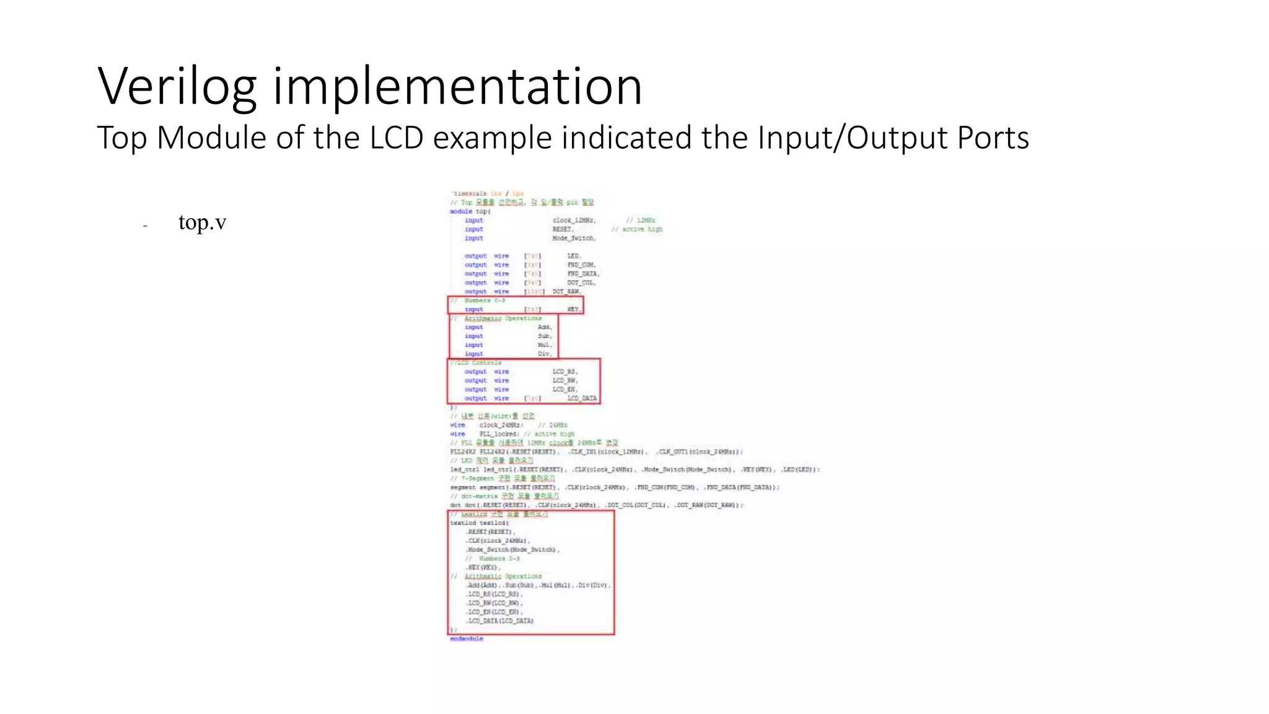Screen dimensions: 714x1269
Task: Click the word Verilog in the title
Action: [x=177, y=87]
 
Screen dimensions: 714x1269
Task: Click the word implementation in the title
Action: [x=457, y=87]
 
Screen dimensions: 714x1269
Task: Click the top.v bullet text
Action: [x=202, y=222]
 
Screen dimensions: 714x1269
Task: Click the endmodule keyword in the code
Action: [x=467, y=638]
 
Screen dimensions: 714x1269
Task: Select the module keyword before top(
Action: [x=460, y=211]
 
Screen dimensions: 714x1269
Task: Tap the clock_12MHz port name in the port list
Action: [x=574, y=220]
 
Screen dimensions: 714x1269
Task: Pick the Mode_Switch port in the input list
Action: [x=574, y=238]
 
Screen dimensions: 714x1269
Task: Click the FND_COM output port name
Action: [x=581, y=265]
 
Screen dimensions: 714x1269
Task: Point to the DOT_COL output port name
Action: [x=581, y=283]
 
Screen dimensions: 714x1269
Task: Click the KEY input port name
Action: [x=574, y=309]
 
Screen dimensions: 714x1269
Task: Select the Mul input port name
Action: [x=544, y=345]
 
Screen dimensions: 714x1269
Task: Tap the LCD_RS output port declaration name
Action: [x=565, y=372]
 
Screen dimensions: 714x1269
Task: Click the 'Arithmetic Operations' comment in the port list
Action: [x=503, y=318]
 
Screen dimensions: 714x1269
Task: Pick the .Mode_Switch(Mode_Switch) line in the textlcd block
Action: [x=512, y=550]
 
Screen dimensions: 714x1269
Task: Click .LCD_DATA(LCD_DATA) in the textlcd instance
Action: [x=500, y=620]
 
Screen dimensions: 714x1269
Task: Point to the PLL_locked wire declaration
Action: [x=498, y=434]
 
